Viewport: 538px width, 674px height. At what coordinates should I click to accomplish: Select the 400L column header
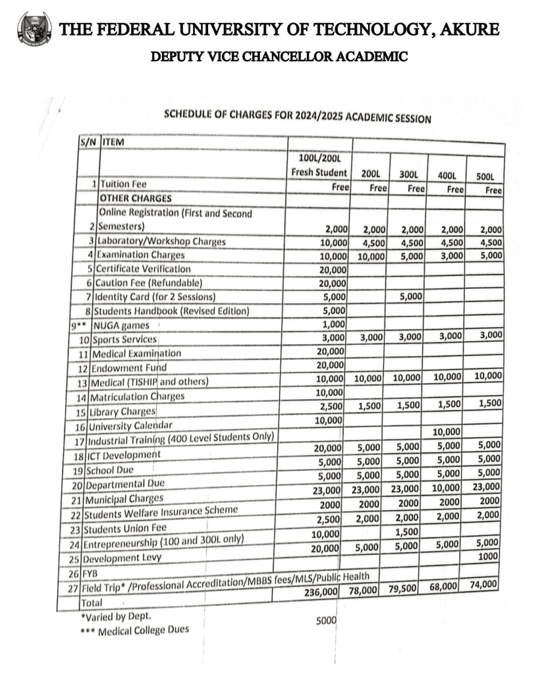pos(447,176)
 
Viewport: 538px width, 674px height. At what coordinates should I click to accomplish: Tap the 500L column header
pos(485,176)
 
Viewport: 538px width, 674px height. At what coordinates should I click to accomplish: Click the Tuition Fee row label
pos(123,184)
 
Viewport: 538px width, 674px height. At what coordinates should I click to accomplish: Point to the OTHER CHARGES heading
pos(135,197)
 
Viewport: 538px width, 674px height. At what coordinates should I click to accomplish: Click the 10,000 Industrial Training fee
pos(448,432)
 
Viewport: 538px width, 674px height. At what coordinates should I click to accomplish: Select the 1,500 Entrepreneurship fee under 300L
pos(409,531)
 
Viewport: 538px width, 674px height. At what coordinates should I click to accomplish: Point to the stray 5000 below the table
pos(325,620)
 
